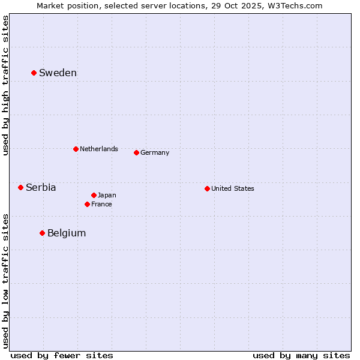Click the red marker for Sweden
click(x=34, y=73)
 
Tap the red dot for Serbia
click(x=20, y=187)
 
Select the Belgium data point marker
click(x=42, y=233)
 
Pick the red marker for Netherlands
click(x=76, y=149)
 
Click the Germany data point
click(x=136, y=152)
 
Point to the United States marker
click(x=207, y=188)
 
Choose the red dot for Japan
click(x=94, y=195)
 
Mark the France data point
click(x=87, y=204)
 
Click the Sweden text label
click(x=58, y=73)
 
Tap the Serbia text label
click(x=41, y=188)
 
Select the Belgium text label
click(x=67, y=233)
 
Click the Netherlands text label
click(x=98, y=149)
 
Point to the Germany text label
click(x=155, y=152)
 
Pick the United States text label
click(x=232, y=188)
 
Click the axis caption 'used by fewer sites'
click(x=62, y=355)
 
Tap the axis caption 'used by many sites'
click(x=301, y=355)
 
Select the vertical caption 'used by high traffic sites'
click(x=5, y=85)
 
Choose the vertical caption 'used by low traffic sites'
click(x=5, y=280)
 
